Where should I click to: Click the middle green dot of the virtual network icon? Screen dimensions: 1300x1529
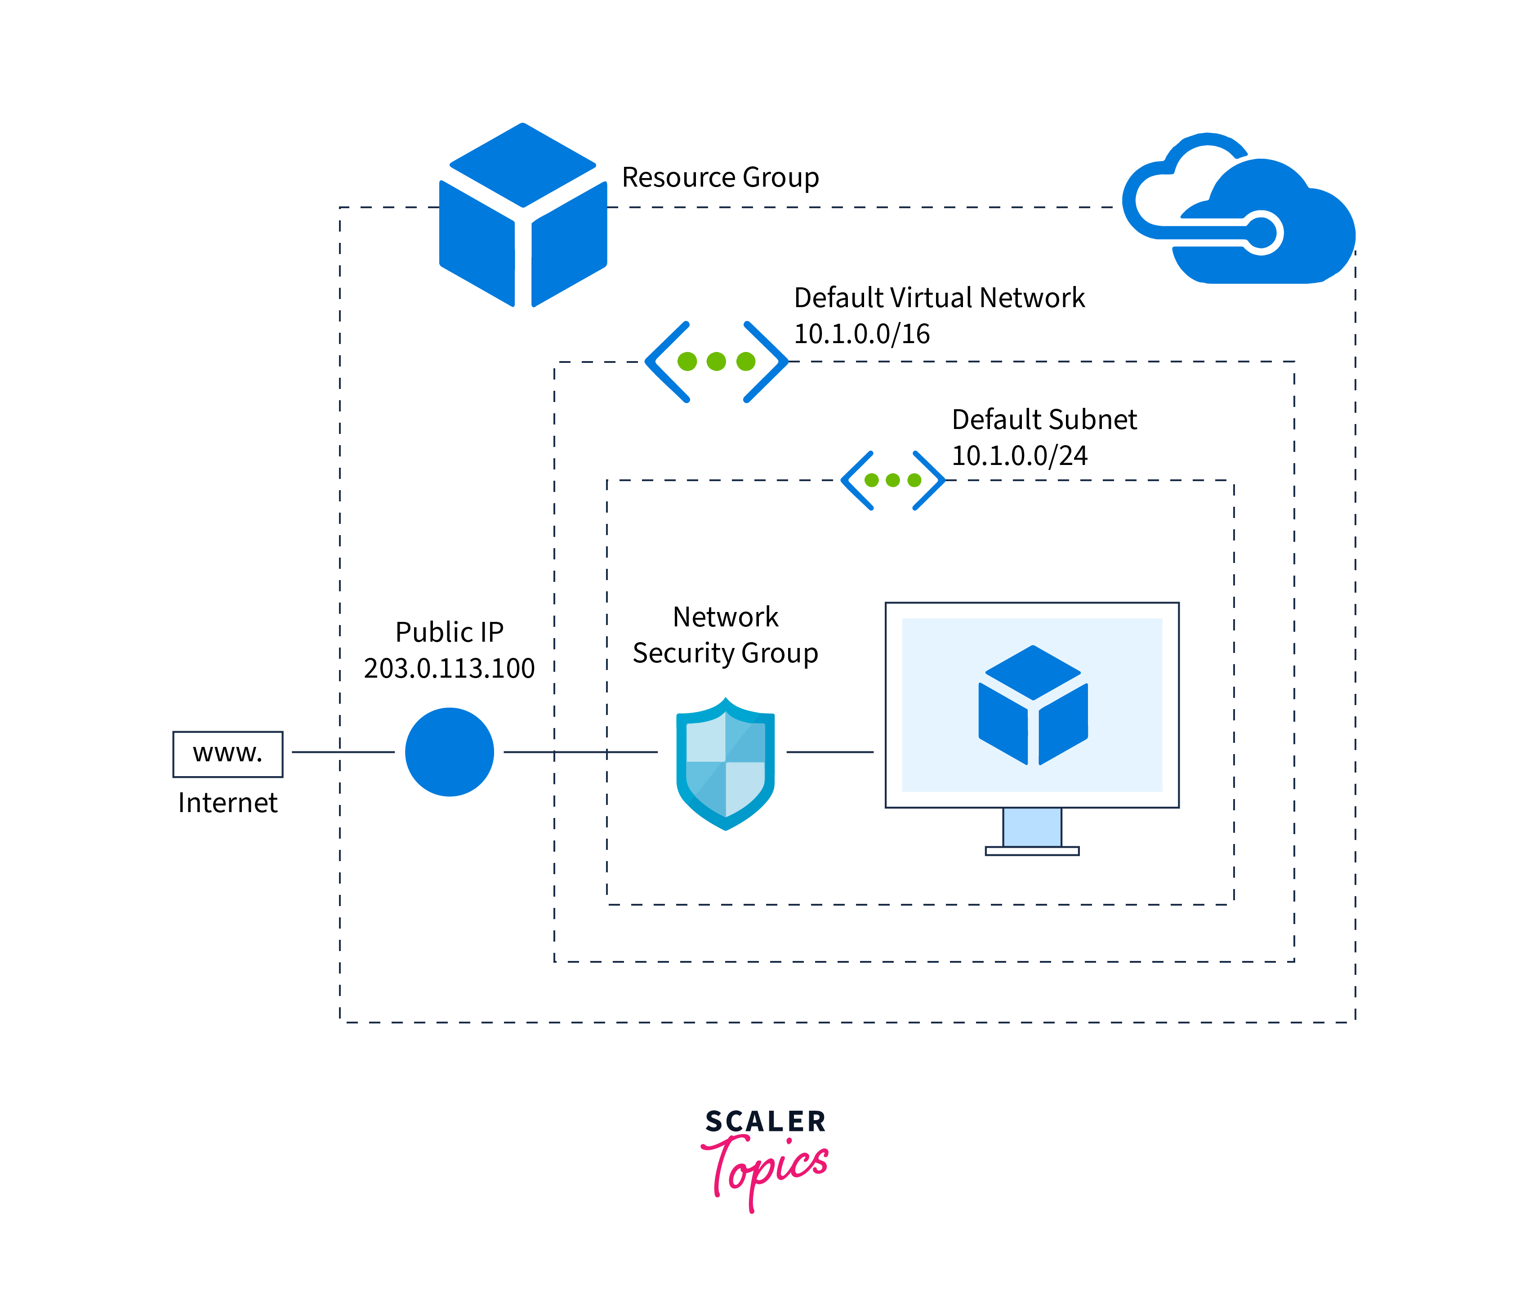pyautogui.click(x=716, y=361)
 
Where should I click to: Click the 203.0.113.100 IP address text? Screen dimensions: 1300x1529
pyautogui.click(x=449, y=668)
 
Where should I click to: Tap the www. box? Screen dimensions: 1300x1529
pyautogui.click(x=227, y=753)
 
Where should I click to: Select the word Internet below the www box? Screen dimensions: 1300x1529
pyautogui.click(x=227, y=803)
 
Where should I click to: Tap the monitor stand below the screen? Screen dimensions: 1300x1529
pyautogui.click(x=1032, y=829)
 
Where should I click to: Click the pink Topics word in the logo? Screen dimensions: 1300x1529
pyautogui.click(x=767, y=1169)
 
